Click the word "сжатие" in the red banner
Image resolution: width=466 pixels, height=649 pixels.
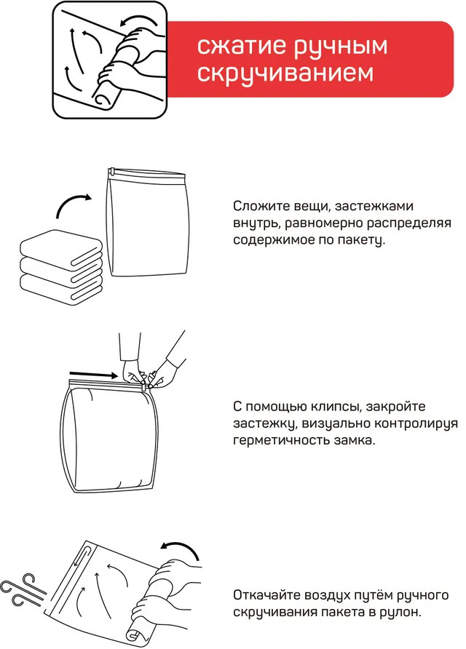coord(242,46)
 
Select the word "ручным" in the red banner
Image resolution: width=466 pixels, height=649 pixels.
coord(341,47)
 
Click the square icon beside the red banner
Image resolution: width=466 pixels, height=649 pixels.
coord(110,60)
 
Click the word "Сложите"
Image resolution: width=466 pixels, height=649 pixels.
coord(261,206)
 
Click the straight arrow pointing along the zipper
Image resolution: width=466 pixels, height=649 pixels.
coord(94,375)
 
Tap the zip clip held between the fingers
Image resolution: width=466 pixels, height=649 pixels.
coord(145,386)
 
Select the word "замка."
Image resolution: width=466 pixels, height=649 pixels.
coord(355,440)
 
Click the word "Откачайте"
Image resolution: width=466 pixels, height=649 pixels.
coord(266,595)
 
